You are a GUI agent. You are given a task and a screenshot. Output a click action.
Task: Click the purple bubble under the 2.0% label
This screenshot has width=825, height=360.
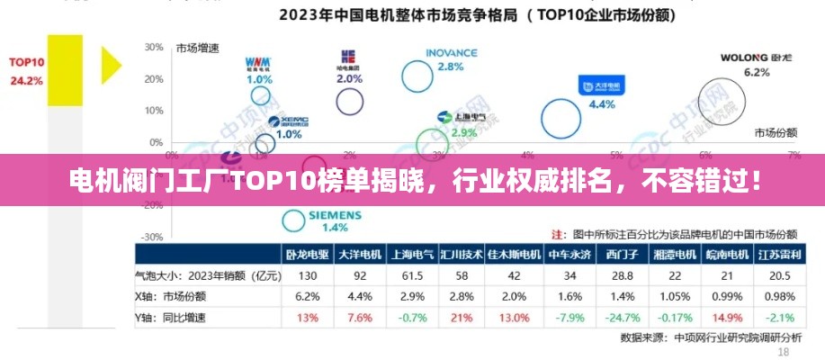click(x=349, y=101)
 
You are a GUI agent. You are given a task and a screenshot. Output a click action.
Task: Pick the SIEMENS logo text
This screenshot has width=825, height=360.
click(x=335, y=216)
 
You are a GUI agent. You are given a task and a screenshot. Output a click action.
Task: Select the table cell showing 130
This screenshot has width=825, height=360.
click(x=308, y=275)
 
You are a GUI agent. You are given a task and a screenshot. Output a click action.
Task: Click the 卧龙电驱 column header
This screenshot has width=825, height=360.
click(x=308, y=255)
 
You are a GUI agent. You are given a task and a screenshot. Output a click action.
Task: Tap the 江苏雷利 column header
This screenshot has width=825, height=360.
click(x=779, y=255)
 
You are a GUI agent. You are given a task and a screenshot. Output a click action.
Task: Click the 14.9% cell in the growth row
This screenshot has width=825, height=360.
click(x=727, y=318)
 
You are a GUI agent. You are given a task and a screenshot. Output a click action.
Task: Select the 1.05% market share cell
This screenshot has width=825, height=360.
click(x=675, y=296)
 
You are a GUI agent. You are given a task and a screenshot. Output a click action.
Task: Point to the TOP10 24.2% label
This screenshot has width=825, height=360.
click(x=26, y=71)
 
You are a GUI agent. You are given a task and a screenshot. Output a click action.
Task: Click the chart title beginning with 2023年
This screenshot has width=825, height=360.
click(x=477, y=14)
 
